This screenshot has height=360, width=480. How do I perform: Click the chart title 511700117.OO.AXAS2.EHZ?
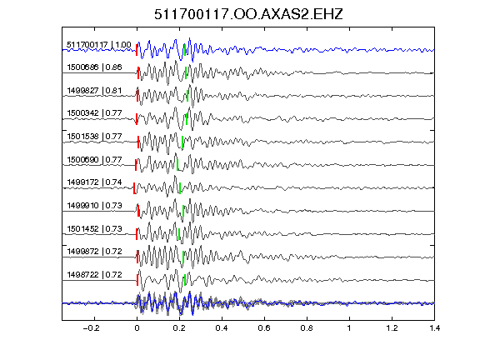click(x=248, y=14)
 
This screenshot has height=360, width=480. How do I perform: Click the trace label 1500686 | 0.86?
click(x=94, y=67)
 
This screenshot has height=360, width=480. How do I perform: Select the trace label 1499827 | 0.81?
click(x=94, y=91)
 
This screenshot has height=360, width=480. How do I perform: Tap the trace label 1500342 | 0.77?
click(x=94, y=113)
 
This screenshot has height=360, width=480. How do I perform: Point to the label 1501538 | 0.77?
click(x=94, y=136)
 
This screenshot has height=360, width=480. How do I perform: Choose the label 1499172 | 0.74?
click(x=94, y=182)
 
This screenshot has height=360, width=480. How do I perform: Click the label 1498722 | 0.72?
click(x=94, y=275)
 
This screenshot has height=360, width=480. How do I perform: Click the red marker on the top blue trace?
click(x=137, y=50)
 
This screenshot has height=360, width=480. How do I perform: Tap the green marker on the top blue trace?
click(x=185, y=50)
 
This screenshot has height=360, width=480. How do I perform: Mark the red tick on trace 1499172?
click(x=134, y=188)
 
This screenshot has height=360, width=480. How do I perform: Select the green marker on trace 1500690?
click(x=177, y=165)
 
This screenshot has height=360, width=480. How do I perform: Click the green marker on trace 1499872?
click(x=183, y=257)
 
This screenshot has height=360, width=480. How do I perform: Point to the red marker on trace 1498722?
click(x=137, y=280)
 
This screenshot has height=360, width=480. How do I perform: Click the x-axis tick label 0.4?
click(x=222, y=328)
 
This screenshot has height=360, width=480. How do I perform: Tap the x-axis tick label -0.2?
click(x=92, y=328)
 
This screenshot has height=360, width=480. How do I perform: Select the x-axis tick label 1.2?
click(x=392, y=328)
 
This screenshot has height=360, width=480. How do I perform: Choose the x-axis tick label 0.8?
click(x=307, y=328)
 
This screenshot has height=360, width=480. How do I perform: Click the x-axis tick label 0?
click(x=137, y=328)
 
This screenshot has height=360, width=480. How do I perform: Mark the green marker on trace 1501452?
click(x=179, y=234)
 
